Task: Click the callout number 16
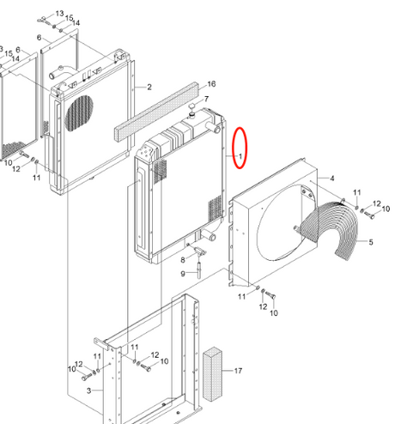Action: pos(211,84)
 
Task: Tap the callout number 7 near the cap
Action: pos(206,99)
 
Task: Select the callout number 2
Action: pos(149,87)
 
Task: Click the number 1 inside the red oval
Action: pos(240,156)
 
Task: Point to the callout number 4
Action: pos(331,179)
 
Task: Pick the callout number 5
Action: pos(371,242)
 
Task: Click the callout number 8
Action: pos(183,260)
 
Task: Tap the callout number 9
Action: pos(183,274)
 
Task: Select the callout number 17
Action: pos(238,371)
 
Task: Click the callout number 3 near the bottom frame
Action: pos(89,391)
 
